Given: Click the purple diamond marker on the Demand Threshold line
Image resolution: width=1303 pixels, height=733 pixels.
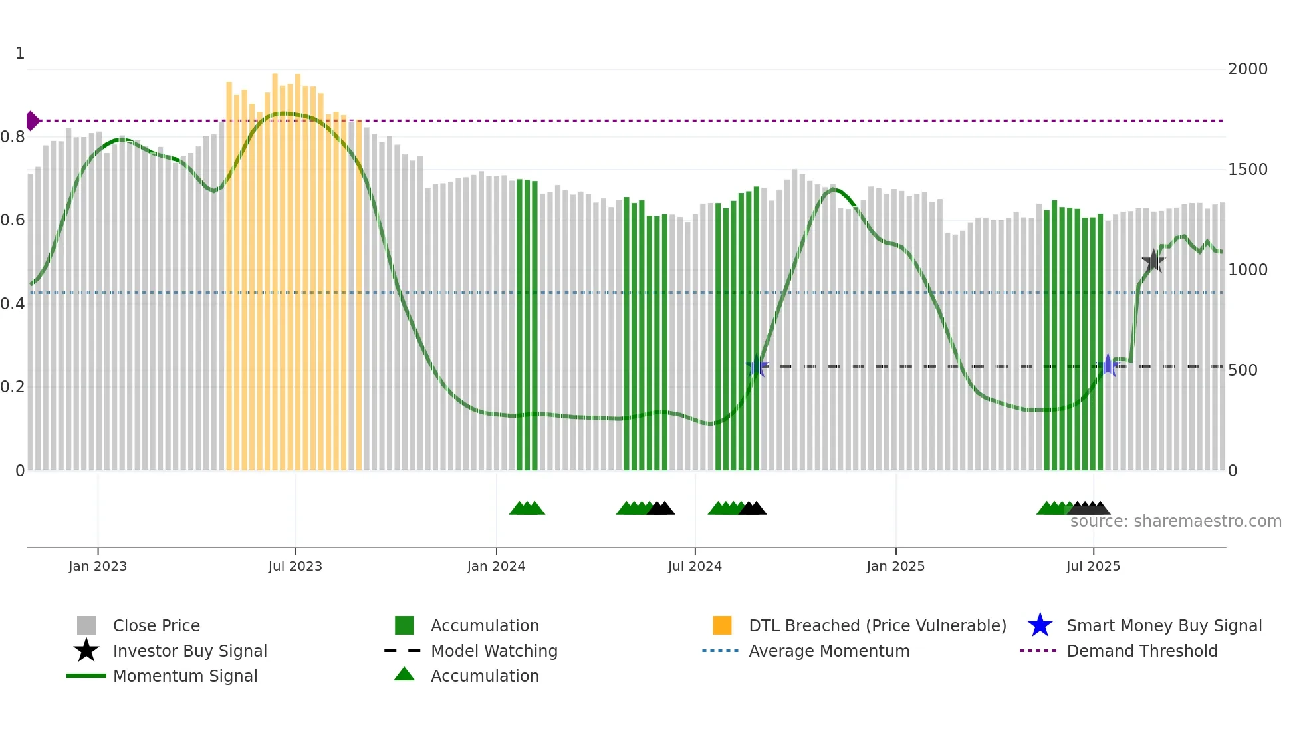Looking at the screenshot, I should (32, 121).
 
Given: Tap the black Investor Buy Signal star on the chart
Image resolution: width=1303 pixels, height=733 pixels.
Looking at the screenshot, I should (1153, 261).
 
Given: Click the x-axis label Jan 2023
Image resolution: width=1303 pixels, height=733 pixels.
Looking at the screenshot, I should (98, 566).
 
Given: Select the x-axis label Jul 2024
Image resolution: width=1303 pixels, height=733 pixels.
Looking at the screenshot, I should (695, 566).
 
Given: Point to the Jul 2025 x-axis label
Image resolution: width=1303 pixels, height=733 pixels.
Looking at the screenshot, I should (1093, 566).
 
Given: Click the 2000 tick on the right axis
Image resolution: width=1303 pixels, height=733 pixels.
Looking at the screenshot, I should (1247, 69).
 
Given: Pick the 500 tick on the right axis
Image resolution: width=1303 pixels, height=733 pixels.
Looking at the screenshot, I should (1243, 370).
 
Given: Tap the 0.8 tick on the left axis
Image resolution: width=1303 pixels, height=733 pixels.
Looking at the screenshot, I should (13, 137).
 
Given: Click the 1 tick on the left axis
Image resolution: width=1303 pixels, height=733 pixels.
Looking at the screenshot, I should (20, 53).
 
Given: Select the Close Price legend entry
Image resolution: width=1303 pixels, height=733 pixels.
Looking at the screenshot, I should (156, 625).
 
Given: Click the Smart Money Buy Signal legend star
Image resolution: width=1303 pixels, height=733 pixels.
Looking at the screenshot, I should (1040, 625).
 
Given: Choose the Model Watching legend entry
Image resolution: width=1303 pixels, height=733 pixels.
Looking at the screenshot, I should (494, 651).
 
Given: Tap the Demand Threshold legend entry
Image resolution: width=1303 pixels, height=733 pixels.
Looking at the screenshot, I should (1141, 651).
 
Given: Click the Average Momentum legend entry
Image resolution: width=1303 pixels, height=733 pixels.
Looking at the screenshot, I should (829, 651).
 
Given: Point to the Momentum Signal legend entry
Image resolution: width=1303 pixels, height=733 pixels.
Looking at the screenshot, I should (185, 676).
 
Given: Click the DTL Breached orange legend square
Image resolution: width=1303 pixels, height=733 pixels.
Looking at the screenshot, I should (722, 625).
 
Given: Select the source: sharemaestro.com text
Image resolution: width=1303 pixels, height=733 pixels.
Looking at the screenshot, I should (1175, 521).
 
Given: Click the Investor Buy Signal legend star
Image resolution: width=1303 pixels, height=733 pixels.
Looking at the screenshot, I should (86, 651).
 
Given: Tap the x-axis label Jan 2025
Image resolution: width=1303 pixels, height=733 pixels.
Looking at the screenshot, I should (895, 566).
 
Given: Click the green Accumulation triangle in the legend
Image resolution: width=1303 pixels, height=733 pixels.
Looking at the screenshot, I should (404, 674).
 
